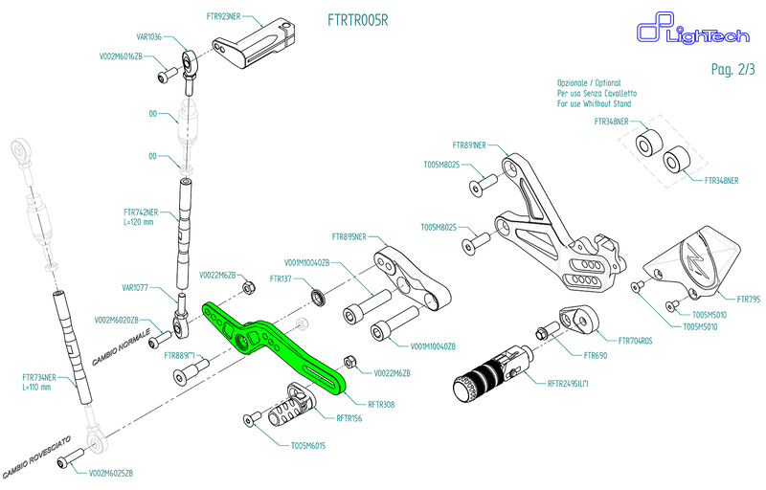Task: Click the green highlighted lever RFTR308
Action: [x=278, y=345]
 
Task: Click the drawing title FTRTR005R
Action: [x=357, y=19]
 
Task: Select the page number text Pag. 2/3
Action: [x=734, y=69]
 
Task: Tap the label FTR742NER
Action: [x=140, y=211]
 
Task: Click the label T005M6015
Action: [x=307, y=446]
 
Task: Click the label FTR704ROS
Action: [x=636, y=341]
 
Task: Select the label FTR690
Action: [x=597, y=355]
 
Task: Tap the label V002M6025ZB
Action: [x=110, y=474]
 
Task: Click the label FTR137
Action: [x=280, y=278]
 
